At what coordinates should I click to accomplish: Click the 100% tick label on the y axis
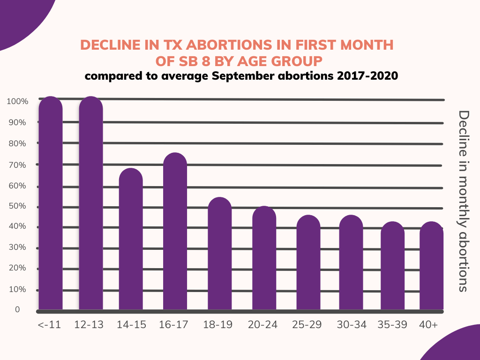pos(18,101)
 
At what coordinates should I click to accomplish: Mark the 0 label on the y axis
pos(17,310)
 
